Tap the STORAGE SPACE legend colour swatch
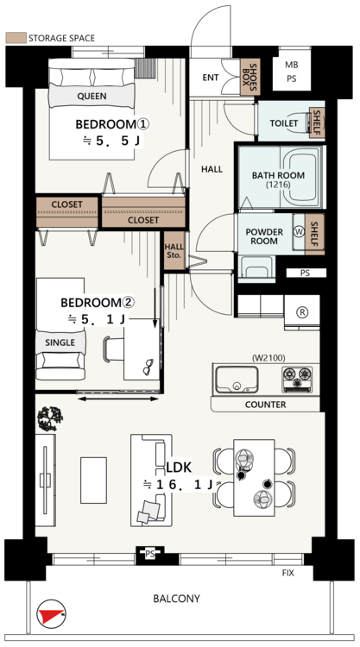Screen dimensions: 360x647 [16, 38]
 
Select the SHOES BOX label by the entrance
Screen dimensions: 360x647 [250, 77]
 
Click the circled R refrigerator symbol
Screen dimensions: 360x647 [302, 312]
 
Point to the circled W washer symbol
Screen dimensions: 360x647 [298, 231]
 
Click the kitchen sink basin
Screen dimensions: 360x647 [237, 380]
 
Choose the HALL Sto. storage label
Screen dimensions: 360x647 [174, 251]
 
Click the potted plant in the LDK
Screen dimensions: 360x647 [50, 418]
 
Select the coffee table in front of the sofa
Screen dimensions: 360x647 [93, 480]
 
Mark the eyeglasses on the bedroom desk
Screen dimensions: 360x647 [148, 367]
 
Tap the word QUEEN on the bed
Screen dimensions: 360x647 [92, 96]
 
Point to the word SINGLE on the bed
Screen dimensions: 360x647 [60, 342]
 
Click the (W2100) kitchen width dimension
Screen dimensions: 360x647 [268, 358]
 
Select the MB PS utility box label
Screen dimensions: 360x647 [292, 72]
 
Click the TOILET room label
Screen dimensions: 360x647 [284, 123]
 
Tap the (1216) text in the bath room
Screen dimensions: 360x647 [278, 185]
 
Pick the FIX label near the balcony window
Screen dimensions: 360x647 [287, 573]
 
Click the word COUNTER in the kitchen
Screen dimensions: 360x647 [265, 405]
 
